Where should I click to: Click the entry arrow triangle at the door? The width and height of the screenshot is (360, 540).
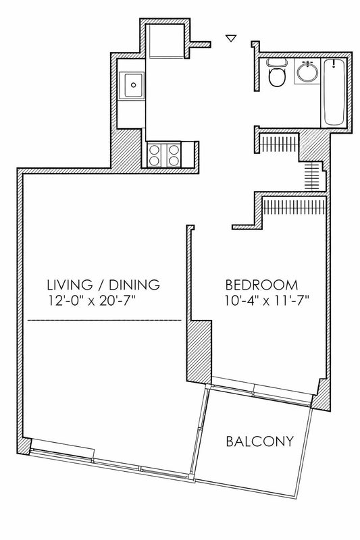point(231,38)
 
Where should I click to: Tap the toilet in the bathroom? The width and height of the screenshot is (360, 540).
point(277,72)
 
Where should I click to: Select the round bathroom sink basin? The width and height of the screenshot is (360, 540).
point(307,72)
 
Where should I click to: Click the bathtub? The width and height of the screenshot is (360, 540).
point(334,92)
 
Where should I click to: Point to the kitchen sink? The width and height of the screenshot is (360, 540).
point(132,85)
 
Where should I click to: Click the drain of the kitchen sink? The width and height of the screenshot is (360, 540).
point(133,85)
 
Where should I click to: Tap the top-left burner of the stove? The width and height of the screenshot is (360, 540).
point(154,149)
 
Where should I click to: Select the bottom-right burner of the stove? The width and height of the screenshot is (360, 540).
point(174,160)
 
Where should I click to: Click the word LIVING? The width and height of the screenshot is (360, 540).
point(70,285)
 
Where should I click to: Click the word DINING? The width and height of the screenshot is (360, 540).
point(134,285)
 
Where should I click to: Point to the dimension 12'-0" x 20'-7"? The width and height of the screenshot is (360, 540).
point(91,301)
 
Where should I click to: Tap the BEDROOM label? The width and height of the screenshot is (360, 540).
point(261,285)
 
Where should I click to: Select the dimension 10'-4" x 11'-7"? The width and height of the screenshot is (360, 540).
point(266,301)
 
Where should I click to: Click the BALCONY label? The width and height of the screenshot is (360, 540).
point(260,441)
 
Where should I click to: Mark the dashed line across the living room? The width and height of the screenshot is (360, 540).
point(105,320)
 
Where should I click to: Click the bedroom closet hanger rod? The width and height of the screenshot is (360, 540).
point(294,207)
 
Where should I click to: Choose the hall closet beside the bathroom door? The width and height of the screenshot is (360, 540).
point(278,142)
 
